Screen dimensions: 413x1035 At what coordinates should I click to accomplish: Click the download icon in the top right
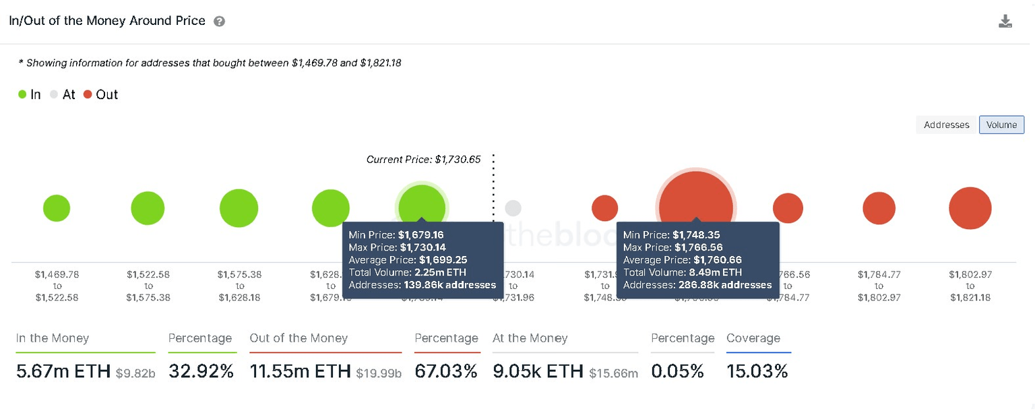tap(1005, 22)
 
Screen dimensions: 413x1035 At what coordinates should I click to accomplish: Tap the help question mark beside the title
tap(219, 22)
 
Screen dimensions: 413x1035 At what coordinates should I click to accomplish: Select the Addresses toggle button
tap(946, 125)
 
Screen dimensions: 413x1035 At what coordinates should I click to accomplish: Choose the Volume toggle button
tap(1001, 125)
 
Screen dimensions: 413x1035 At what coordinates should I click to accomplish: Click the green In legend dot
tap(23, 95)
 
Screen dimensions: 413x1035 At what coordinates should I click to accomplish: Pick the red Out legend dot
tap(88, 95)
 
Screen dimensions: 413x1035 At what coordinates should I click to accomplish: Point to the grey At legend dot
tap(54, 95)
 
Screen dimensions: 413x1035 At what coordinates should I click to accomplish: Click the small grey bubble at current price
tap(513, 208)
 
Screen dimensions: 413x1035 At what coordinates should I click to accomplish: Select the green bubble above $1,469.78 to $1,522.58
tap(57, 208)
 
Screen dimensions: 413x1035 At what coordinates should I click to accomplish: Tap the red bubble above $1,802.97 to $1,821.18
tap(970, 208)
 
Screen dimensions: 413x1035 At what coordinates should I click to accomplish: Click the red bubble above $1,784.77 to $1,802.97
tap(879, 208)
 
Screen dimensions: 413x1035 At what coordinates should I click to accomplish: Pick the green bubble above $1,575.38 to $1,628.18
tap(239, 208)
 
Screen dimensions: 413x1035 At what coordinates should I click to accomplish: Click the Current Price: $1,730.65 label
tap(423, 160)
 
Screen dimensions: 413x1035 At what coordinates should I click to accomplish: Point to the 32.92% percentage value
tap(201, 371)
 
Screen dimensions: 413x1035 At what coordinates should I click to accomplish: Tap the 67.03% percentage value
tap(446, 371)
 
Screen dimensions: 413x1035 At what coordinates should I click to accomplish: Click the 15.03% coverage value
tap(757, 371)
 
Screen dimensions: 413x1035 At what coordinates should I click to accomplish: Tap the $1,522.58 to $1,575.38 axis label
tap(148, 286)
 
